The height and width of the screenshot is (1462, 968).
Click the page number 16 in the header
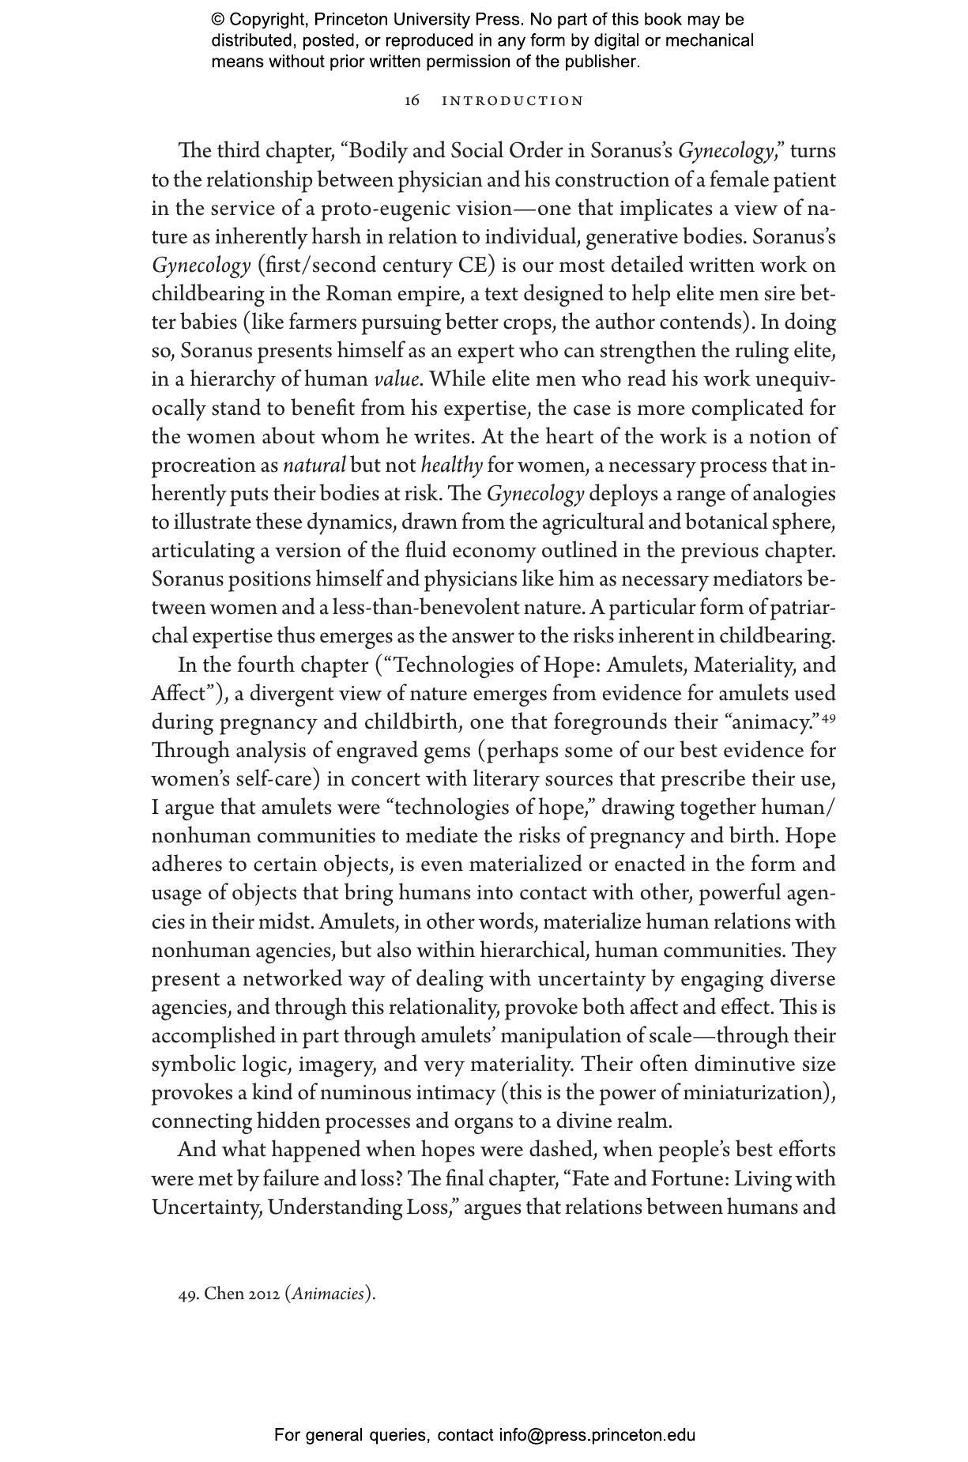pos(412,101)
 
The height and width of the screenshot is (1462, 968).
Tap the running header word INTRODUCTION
pos(512,101)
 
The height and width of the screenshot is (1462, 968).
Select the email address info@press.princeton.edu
pos(597,1435)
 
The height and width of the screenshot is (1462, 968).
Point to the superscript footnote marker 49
pos(829,718)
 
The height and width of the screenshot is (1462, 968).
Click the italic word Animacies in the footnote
pos(329,1294)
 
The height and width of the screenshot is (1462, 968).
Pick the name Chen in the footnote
pos(224,1294)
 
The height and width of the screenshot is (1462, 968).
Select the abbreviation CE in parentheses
pos(472,266)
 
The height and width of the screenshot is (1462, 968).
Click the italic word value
pos(396,379)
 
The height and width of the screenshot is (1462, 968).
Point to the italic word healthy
pos(451,465)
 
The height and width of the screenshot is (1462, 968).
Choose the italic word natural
pos(314,465)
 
